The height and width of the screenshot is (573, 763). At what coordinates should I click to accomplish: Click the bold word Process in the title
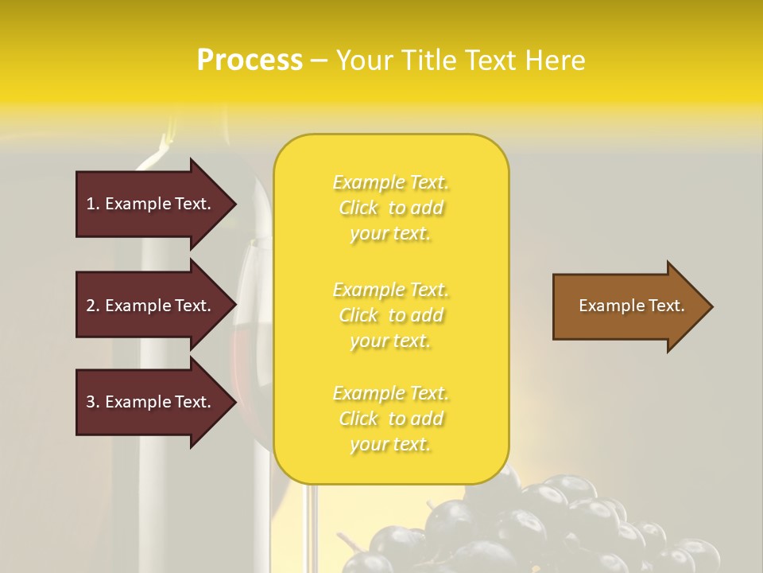[x=250, y=60]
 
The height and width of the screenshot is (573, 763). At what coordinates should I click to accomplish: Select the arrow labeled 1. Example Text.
[x=151, y=204]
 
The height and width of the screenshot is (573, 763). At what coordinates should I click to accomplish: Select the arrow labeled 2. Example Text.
[x=151, y=306]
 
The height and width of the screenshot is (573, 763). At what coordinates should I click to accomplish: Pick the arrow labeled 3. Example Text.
[x=151, y=402]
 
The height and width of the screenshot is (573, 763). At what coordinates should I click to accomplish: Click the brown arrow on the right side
[x=628, y=306]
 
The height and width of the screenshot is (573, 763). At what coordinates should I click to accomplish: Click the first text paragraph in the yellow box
[x=390, y=208]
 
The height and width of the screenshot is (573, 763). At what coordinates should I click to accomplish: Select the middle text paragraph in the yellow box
[x=390, y=315]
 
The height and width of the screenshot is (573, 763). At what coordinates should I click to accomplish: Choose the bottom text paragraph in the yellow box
[x=390, y=419]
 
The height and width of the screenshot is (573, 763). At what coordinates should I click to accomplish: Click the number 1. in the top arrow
[x=93, y=204]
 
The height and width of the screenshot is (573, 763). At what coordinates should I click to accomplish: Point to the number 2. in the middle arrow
[x=93, y=306]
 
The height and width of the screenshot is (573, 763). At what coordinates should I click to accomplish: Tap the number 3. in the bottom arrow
[x=93, y=402]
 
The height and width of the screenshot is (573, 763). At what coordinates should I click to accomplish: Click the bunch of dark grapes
[x=540, y=525]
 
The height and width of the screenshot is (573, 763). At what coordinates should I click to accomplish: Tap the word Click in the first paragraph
[x=358, y=209]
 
